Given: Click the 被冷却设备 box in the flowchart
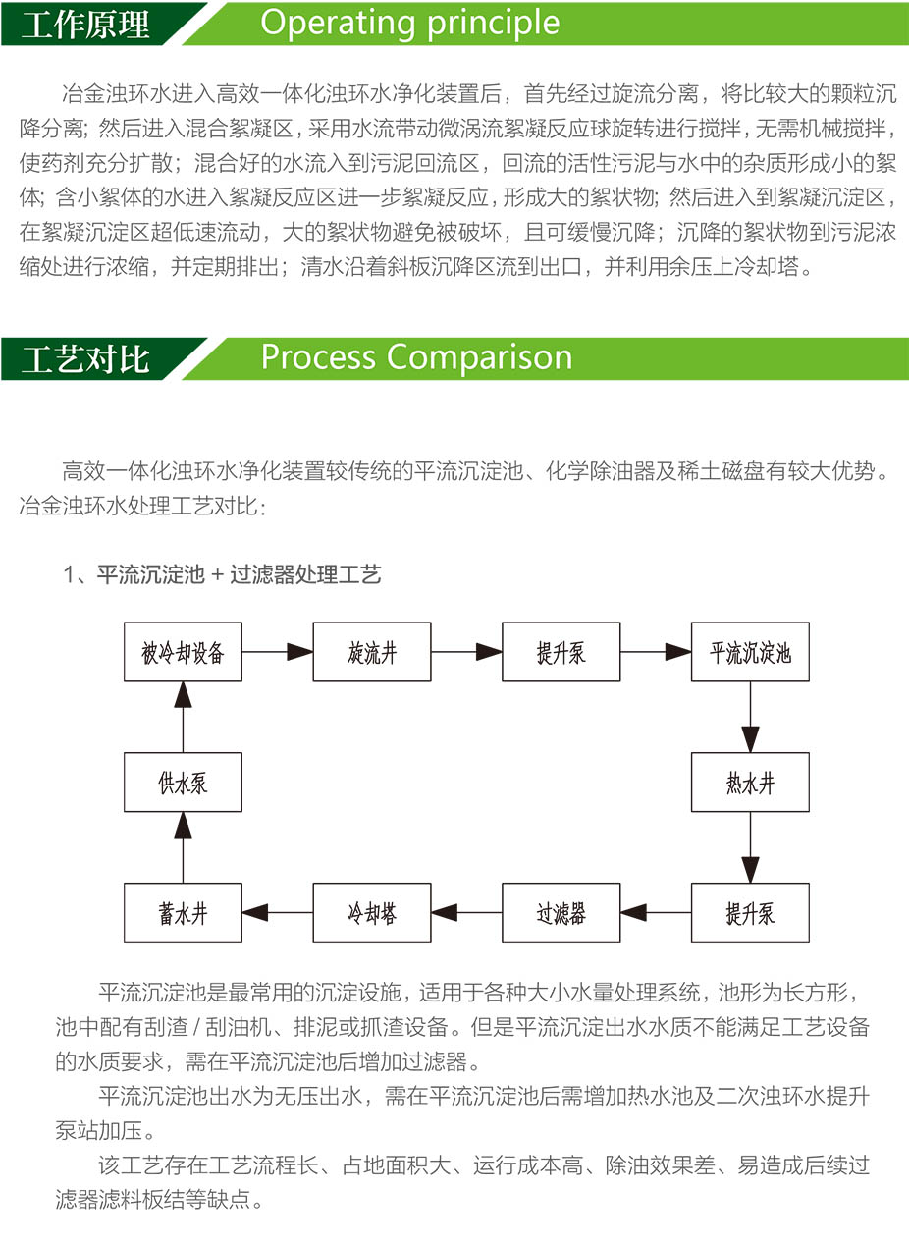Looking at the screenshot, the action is (183, 651).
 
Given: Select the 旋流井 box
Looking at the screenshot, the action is (372, 651).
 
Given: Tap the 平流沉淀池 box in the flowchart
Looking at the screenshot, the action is (750, 651).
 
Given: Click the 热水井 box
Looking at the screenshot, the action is (750, 782).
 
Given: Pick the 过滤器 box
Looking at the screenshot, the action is (561, 912).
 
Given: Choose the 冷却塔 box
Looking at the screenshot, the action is (372, 912).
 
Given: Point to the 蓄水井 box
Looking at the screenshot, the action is (183, 912).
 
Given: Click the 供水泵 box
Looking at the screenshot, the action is (183, 782).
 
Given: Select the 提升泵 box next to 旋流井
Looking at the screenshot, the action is (561, 651).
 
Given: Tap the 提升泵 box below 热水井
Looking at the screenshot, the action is (750, 912).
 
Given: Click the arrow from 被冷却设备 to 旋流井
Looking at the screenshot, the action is (277, 651).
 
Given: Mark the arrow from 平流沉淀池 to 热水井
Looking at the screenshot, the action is (750, 717).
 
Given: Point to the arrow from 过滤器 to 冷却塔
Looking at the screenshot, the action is (466, 912).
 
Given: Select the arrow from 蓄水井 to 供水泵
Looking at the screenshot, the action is (183, 847).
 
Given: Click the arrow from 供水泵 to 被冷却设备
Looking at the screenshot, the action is (183, 717).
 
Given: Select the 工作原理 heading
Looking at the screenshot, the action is (85, 25).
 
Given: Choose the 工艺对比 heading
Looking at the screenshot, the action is (85, 358).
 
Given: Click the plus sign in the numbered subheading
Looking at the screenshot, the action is (218, 574).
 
